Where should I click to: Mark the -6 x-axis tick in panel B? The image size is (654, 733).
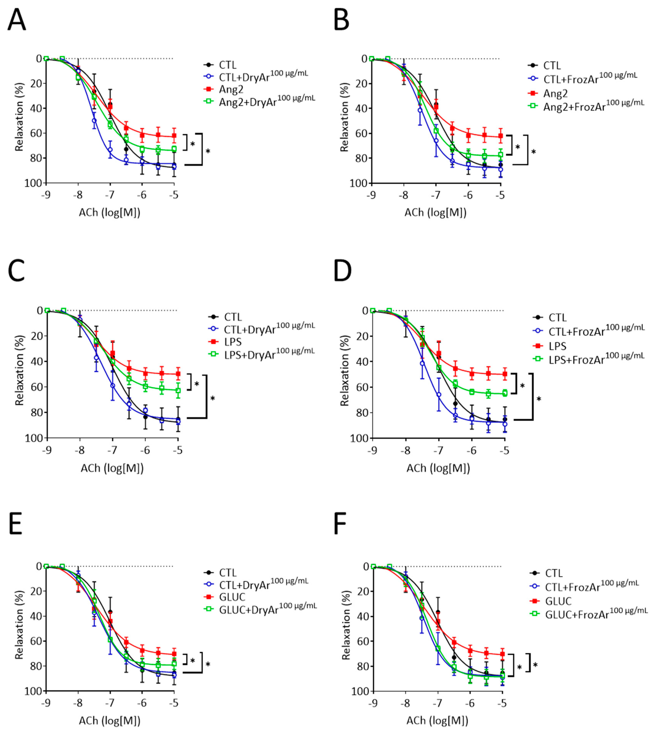(468, 195)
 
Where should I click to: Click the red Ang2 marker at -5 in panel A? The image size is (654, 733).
(174, 136)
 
